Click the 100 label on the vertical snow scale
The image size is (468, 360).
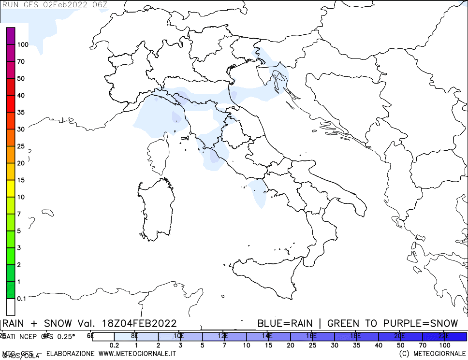23,44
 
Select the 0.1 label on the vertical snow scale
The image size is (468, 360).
22,299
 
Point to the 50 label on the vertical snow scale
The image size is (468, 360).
21,78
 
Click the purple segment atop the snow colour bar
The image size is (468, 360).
11,36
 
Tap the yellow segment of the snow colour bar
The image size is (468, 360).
11,188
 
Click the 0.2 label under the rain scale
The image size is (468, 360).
114,346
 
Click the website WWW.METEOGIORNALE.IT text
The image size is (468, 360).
137,354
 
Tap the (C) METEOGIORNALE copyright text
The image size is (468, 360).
432,354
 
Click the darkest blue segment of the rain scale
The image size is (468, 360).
455,336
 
